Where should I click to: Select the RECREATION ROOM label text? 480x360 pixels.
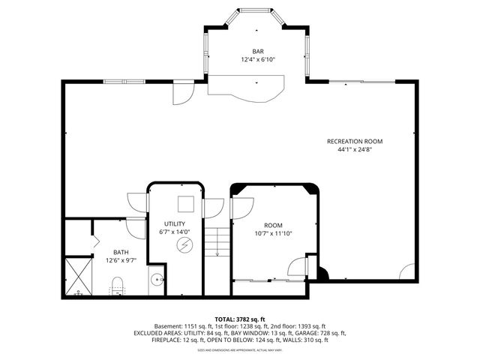[x=355, y=141]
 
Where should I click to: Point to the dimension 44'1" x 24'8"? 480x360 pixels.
[x=355, y=149]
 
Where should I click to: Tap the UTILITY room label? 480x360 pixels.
[x=175, y=224]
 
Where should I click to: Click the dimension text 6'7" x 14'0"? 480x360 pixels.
[x=175, y=232]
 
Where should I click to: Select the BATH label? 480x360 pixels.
[x=121, y=252]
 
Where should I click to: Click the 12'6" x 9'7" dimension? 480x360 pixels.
[x=121, y=260]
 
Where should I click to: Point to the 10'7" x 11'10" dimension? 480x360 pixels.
[x=274, y=233]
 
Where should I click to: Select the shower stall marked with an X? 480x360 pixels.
[x=77, y=277]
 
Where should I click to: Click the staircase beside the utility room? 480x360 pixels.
[x=216, y=241]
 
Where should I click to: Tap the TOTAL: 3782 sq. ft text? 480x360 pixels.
[x=240, y=319]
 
